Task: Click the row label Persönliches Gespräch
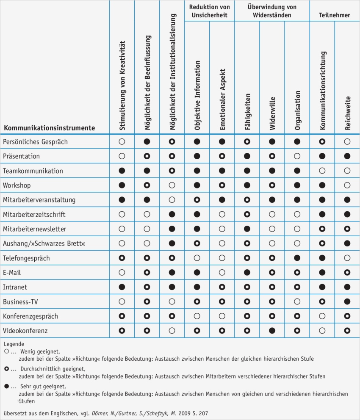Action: (35, 142)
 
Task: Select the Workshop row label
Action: (17, 185)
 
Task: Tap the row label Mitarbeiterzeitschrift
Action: (34, 215)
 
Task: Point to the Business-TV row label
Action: (21, 302)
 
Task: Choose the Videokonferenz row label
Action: (25, 331)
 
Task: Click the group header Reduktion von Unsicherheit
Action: (210, 11)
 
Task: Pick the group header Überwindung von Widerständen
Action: (272, 11)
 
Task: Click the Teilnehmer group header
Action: (335, 15)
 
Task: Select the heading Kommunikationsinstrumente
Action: (50, 128)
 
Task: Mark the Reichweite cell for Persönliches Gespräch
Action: (347, 142)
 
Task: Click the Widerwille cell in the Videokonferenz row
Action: (272, 331)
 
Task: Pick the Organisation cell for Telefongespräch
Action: (297, 258)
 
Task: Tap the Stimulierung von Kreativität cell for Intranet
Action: (122, 287)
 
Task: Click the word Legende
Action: (14, 344)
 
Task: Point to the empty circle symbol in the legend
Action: (6, 351)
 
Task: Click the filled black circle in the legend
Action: (6, 387)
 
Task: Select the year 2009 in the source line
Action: (178, 413)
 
